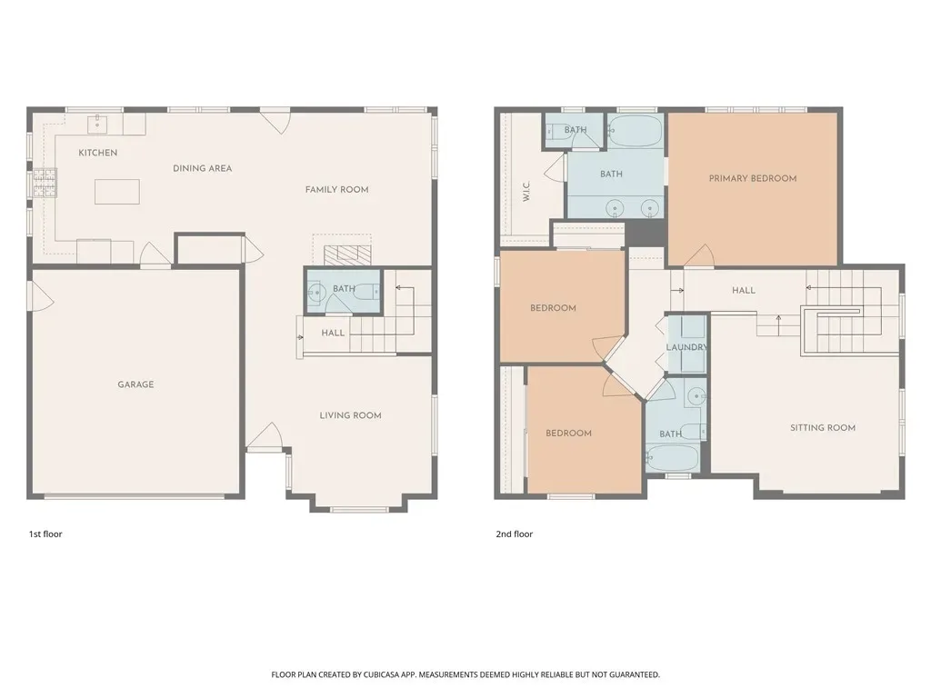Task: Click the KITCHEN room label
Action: [98, 153]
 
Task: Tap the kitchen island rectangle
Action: [117, 192]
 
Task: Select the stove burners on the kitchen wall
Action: [45, 183]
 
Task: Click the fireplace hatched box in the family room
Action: [347, 255]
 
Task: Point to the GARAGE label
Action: [136, 384]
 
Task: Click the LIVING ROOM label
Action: [350, 415]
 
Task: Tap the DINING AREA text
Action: [203, 168]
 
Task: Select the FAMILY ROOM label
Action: [336, 190]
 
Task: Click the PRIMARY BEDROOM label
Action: [753, 178]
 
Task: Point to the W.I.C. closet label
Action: [526, 191]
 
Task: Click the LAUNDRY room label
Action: [686, 347]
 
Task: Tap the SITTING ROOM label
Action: [823, 427]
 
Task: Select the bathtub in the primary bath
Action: [635, 132]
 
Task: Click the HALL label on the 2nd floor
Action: [744, 290]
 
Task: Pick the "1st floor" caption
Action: [45, 534]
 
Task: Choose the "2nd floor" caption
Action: [515, 534]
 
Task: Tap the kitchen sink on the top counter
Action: [96, 125]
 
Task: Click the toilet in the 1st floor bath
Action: [371, 292]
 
